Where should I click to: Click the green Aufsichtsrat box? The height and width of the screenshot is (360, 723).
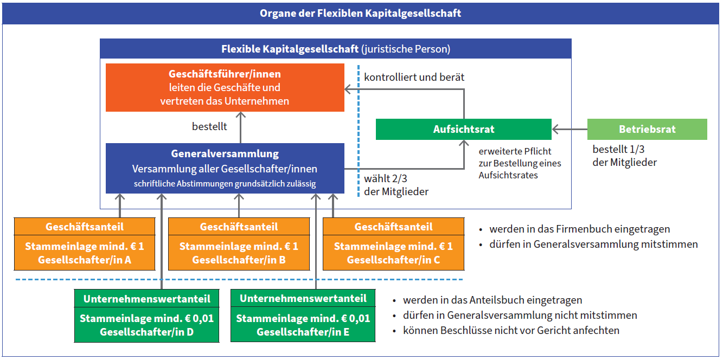click(x=464, y=129)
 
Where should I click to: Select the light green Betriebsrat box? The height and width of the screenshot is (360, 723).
click(x=647, y=129)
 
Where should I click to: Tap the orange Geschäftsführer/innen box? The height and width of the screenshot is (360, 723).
click(x=225, y=87)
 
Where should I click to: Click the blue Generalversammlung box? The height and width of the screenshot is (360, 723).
click(x=225, y=169)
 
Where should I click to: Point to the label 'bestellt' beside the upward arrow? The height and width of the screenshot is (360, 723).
click(x=209, y=126)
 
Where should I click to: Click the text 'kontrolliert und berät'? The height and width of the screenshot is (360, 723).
click(x=414, y=77)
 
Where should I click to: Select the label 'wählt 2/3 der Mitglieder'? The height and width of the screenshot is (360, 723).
click(x=396, y=185)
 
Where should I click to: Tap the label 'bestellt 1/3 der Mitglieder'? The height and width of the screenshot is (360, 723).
click(x=624, y=156)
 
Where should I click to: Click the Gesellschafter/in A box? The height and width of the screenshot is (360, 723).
click(x=85, y=244)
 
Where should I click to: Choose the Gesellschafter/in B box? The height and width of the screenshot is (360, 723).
click(x=239, y=244)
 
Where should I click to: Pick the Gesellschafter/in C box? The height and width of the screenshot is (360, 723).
click(x=393, y=244)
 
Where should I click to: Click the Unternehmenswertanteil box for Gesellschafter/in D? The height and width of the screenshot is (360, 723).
click(x=147, y=316)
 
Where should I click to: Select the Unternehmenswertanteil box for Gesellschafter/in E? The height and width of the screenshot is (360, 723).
click(x=303, y=315)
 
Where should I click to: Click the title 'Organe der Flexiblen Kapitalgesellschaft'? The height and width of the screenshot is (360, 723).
click(x=361, y=13)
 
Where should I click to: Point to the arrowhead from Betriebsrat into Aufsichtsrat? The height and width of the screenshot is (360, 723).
click(x=555, y=130)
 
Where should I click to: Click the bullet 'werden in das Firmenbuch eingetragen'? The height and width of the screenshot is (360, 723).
click(x=579, y=229)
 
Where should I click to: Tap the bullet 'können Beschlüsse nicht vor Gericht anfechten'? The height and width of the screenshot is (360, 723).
click(x=511, y=331)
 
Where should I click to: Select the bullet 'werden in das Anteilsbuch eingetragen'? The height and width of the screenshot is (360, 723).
click(x=492, y=300)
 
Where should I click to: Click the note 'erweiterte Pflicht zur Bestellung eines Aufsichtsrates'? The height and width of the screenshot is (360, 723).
click(x=520, y=163)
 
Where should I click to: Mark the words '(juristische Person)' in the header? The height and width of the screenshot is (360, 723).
click(x=406, y=49)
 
